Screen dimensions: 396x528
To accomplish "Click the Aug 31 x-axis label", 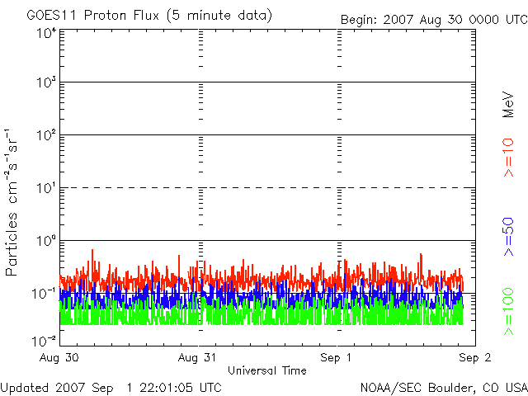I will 199,359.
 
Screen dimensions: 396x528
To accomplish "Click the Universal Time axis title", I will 266,371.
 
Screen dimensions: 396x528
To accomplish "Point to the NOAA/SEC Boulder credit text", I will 443,387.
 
